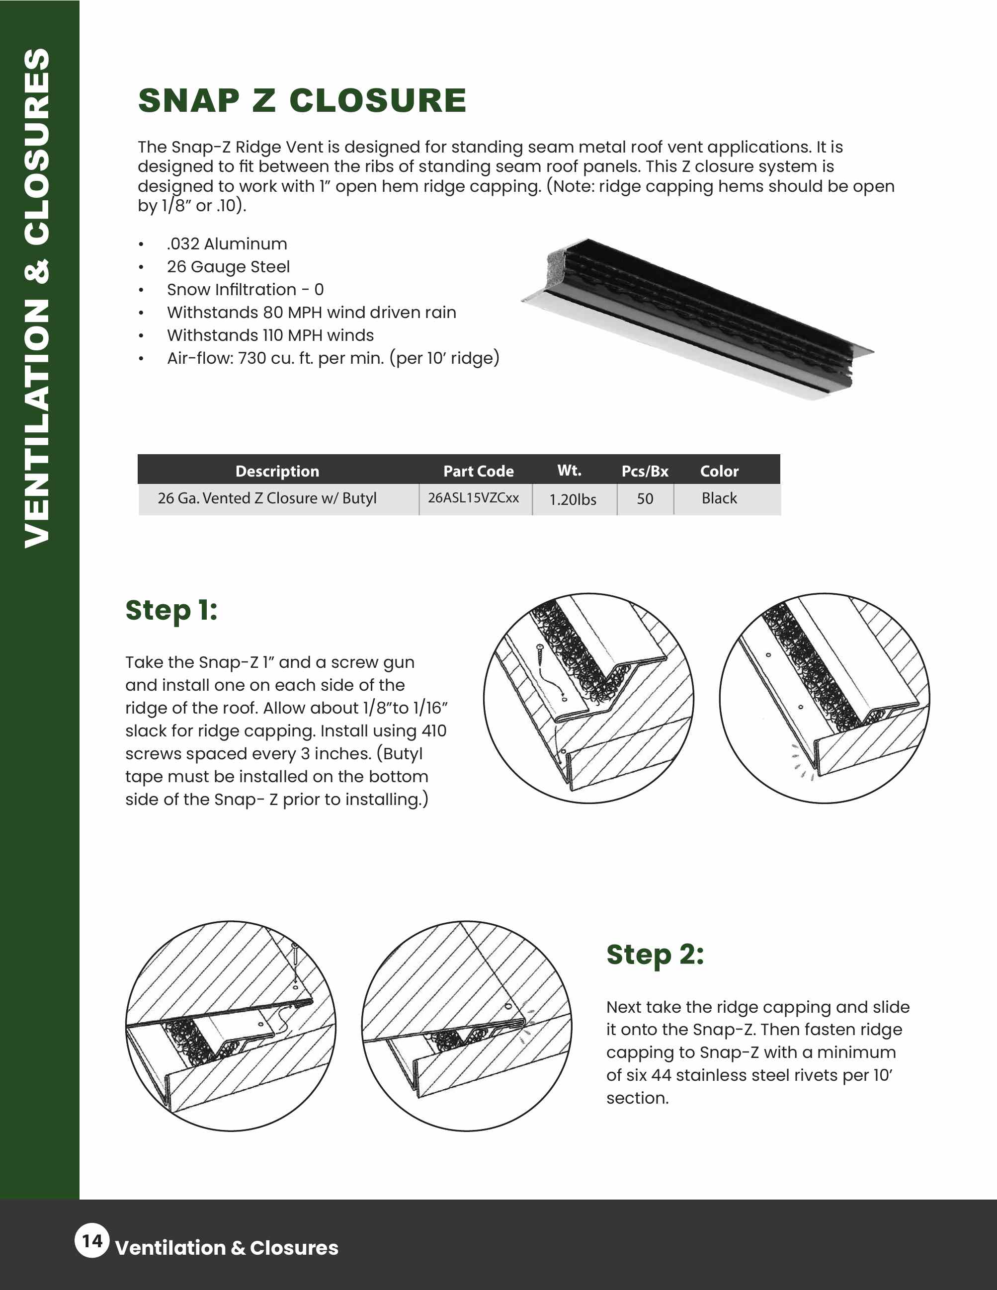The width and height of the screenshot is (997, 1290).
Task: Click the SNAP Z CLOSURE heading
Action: click(x=302, y=100)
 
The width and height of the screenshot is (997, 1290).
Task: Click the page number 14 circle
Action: click(x=92, y=1240)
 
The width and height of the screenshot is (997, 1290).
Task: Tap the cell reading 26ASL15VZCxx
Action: click(x=473, y=498)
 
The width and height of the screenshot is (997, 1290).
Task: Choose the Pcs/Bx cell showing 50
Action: click(x=645, y=498)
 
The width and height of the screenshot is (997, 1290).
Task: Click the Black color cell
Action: click(x=719, y=498)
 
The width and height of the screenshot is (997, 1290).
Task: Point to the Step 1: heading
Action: click(x=171, y=610)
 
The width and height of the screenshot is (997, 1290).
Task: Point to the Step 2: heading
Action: click(x=655, y=955)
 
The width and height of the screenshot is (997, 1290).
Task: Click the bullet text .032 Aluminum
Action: click(x=227, y=244)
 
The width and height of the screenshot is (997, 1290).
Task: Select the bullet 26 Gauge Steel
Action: click(x=228, y=267)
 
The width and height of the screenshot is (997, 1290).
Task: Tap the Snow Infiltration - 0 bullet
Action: click(x=245, y=289)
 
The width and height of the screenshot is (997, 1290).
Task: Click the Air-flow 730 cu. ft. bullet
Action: click(x=332, y=358)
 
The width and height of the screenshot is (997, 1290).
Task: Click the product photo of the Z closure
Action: click(x=697, y=319)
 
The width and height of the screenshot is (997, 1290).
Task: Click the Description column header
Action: click(x=277, y=471)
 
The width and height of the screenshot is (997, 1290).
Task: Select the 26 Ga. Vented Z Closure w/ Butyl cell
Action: click(x=267, y=498)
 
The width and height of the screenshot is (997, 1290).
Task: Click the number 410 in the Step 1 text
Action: click(x=433, y=730)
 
